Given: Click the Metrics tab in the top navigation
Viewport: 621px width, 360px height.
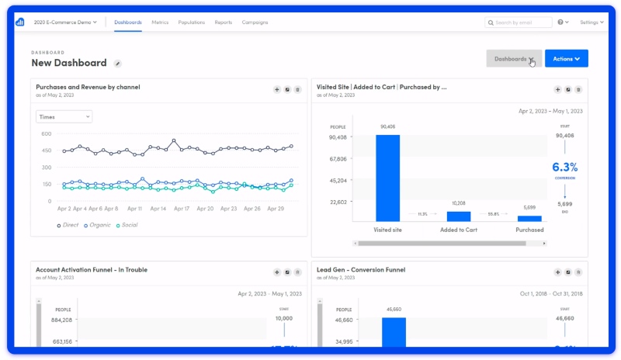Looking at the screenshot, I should point(161,22).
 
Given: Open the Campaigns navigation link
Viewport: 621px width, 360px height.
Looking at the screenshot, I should point(255,22).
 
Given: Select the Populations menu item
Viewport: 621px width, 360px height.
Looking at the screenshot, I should point(191,22).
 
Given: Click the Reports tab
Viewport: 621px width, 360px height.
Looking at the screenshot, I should point(224,22).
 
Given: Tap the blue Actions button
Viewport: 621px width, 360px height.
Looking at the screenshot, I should point(566,58).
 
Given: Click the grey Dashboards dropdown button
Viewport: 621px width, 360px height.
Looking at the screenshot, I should point(513,58).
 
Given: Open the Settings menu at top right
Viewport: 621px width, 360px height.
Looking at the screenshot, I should point(591,22).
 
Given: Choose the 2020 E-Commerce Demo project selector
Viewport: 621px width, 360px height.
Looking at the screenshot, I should point(65,22).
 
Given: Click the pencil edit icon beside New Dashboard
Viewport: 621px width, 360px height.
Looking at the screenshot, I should point(118,64).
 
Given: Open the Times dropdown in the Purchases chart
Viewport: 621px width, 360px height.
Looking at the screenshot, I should point(64,116).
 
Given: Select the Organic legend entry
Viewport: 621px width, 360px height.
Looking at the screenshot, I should point(99,225).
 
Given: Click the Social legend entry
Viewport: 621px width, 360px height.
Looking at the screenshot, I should point(129,225).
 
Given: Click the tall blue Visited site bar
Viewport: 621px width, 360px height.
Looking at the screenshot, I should point(387,178).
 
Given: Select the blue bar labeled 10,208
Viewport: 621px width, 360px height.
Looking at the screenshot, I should point(458,216).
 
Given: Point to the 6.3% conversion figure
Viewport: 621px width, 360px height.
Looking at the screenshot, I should point(565,167).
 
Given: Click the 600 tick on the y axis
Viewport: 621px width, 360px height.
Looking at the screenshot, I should point(46,133).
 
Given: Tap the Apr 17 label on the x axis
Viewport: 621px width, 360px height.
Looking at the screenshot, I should point(182,209).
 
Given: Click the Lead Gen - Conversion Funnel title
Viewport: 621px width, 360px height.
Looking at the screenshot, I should point(361,270).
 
